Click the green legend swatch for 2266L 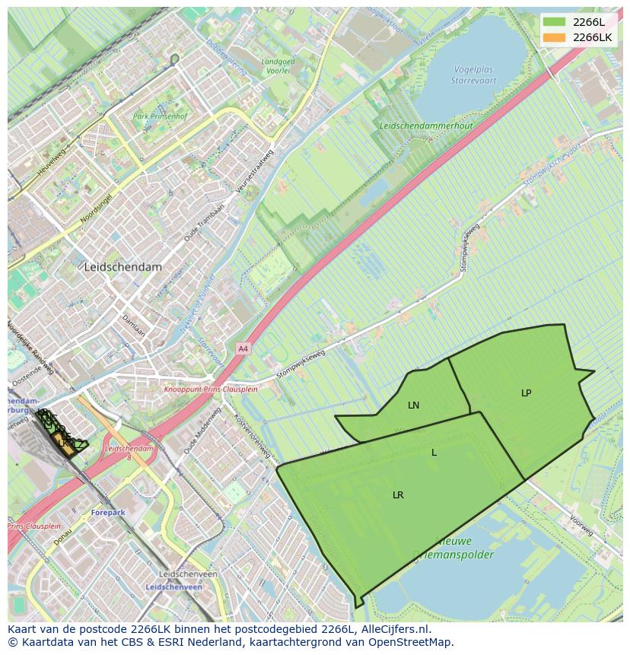[555, 22]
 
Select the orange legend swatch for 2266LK [555, 37]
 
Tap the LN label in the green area [413, 405]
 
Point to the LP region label [526, 393]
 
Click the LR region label [398, 495]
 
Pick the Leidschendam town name [123, 268]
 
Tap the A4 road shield [243, 348]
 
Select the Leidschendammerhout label [426, 126]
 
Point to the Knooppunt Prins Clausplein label [212, 389]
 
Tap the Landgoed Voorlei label [277, 66]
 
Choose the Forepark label [108, 513]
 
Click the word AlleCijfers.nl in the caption [396, 630]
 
